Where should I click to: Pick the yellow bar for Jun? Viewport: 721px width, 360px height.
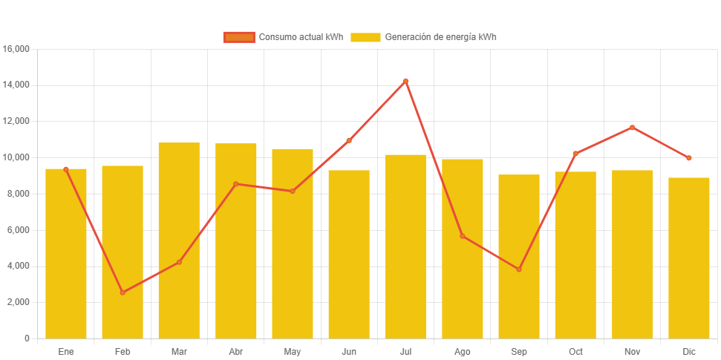coord(349,254)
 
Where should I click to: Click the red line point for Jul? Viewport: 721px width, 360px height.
coord(405,81)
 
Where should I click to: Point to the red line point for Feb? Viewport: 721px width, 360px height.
coord(123,292)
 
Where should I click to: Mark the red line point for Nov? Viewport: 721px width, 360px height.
coord(633,128)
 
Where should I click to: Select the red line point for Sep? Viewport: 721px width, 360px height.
coord(519,269)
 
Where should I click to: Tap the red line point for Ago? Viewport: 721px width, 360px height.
coord(463,236)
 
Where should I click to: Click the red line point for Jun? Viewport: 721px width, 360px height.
coord(349,140)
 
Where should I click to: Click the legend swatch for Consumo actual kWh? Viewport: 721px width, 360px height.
coord(238,37)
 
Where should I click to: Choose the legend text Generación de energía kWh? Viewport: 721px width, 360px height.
coord(440,37)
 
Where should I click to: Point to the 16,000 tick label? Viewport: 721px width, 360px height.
coord(16,49)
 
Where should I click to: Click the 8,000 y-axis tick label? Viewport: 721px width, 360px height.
coord(19,194)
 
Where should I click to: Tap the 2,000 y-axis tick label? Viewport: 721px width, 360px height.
coord(19,302)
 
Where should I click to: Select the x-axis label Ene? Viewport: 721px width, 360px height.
coord(66,351)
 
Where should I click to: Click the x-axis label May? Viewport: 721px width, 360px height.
coord(293,351)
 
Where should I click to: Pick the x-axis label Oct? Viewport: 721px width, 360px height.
coord(575,351)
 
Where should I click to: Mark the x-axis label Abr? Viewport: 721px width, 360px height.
coord(236,351)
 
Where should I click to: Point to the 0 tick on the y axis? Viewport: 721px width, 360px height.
coord(27,338)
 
